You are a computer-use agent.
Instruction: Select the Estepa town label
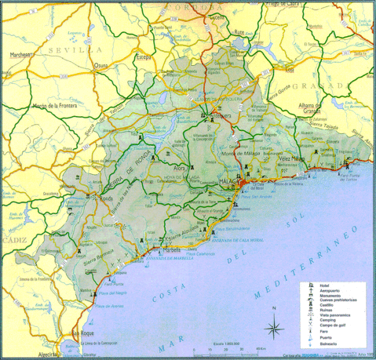pos(144,57)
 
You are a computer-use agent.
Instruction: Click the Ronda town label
pos(104,199)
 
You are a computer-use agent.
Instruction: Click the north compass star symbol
pos(272,329)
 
